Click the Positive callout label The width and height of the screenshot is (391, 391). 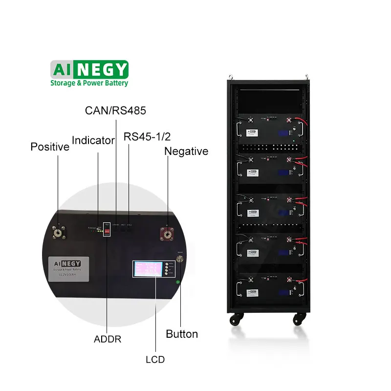(x=50, y=147)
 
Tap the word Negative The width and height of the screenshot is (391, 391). (x=186, y=152)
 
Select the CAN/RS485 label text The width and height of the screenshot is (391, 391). (x=115, y=110)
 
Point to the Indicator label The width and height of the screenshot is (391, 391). (x=93, y=141)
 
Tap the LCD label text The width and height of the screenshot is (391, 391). (x=155, y=360)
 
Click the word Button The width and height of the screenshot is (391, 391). (x=182, y=334)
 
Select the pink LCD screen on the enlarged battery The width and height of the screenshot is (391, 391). (x=146, y=269)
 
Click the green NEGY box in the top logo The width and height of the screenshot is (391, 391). (x=103, y=69)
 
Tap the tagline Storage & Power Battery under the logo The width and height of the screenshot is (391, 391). (x=89, y=83)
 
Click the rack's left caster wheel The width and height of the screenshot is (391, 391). (x=234, y=319)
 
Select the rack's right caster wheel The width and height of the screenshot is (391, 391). (x=297, y=319)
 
